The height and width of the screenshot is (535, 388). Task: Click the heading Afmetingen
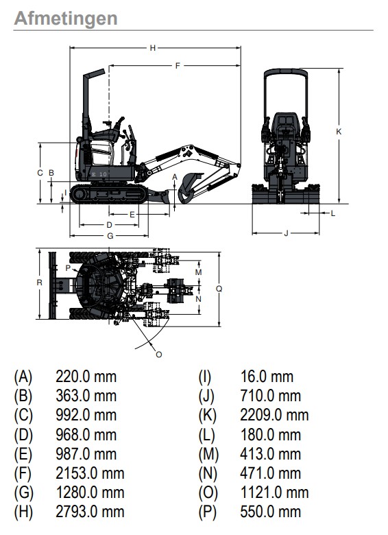(x=66, y=19)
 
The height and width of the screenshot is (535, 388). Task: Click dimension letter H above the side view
(x=153, y=48)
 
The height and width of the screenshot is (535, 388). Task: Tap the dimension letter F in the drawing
(x=178, y=66)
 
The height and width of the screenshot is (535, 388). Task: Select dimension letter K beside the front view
(x=339, y=132)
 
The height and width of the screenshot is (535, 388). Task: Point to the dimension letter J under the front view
(x=286, y=233)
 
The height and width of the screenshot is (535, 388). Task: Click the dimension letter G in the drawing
(x=110, y=236)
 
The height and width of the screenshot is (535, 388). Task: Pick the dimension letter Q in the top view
(x=219, y=289)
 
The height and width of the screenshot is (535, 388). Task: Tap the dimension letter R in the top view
(x=40, y=283)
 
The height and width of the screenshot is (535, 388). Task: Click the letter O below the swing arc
(x=158, y=355)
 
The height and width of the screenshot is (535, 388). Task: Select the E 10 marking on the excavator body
(x=99, y=174)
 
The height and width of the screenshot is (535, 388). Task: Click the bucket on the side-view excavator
(x=188, y=189)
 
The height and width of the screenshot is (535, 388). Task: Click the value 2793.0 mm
(x=90, y=512)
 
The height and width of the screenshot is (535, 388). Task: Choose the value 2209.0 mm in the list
(x=274, y=415)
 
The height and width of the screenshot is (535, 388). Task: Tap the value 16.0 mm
(x=267, y=377)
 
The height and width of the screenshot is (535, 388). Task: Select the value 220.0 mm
(x=86, y=377)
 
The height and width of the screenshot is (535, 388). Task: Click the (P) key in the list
(x=208, y=512)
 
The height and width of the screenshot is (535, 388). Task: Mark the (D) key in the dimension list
(x=23, y=435)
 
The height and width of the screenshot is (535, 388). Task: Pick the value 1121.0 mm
(x=274, y=492)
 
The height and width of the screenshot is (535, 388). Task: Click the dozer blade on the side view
(x=159, y=196)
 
